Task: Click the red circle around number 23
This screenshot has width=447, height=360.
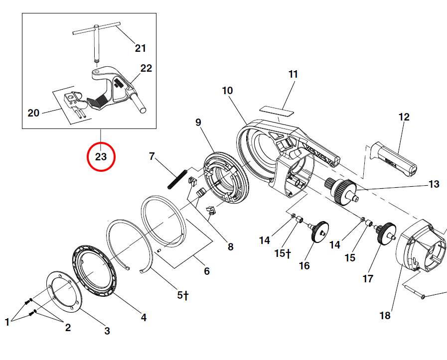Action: [101, 157]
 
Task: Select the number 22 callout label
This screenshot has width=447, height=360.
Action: [146, 68]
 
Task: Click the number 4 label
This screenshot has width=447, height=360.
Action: [144, 317]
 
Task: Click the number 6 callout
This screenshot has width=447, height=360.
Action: [206, 271]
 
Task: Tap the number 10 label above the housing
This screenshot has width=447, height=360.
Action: [227, 91]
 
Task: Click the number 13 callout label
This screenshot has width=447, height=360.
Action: [434, 184]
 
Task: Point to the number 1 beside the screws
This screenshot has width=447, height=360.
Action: [7, 323]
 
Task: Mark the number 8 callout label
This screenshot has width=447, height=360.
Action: [230, 246]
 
